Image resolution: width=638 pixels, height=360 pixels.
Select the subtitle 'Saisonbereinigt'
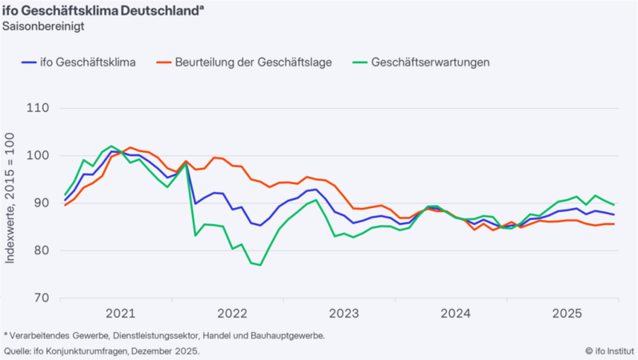(x=45, y=25)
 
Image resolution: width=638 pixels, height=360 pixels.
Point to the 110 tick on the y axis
(x=37, y=109)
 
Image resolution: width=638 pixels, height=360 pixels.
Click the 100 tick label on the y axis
(x=37, y=156)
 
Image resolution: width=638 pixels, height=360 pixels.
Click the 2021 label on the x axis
(x=120, y=313)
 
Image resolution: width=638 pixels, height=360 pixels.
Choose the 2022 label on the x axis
(x=232, y=313)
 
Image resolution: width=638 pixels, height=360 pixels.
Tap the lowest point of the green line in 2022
(x=260, y=265)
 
